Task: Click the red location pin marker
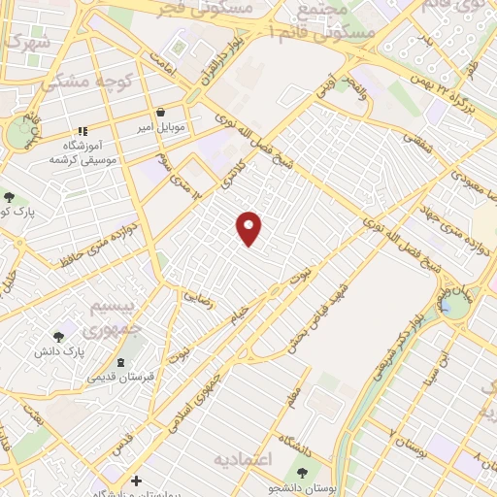pos(249,227)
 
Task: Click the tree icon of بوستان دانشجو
pos(303,473)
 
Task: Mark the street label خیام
pos(239,313)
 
